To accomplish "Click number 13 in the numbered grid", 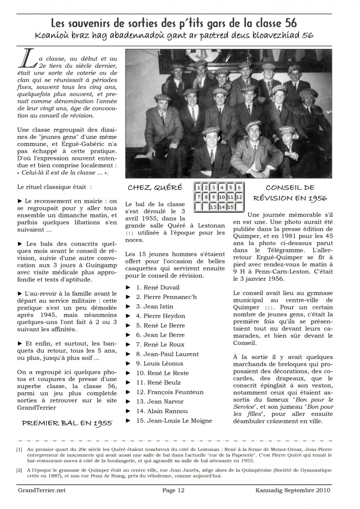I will pyautogui.click(x=213, y=207).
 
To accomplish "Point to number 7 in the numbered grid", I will pyautogui.click(x=198, y=197).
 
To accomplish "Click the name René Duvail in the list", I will pyautogui.click(x=158, y=287).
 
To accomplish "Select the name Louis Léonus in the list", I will pyautogui.click(x=159, y=363).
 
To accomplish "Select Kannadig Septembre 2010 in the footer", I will pyautogui.click(x=293, y=490).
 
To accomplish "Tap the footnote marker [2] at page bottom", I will pyautogui.click(x=19, y=470).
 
